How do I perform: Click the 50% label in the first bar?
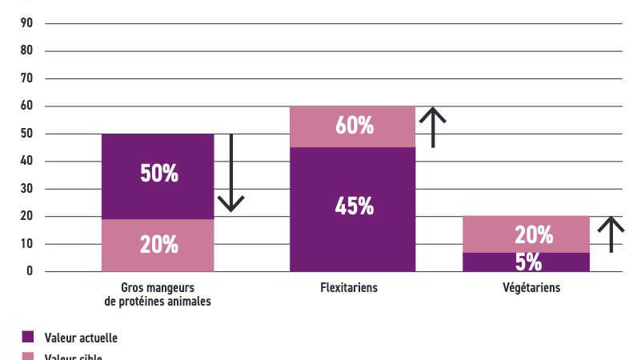(158, 174)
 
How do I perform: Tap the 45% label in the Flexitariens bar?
(355, 206)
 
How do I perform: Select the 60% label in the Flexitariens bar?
(355, 126)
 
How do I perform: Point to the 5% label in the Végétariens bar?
(527, 262)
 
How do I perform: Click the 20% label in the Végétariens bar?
(534, 234)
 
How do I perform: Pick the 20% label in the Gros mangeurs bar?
(158, 245)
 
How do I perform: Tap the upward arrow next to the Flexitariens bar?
(433, 126)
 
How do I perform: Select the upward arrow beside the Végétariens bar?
(611, 234)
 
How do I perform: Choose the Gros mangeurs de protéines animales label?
(158, 294)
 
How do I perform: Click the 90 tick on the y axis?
(26, 23)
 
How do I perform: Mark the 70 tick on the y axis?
(26, 78)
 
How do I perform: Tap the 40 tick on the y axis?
(26, 162)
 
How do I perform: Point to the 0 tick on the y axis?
(30, 272)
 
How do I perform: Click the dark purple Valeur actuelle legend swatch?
(28, 338)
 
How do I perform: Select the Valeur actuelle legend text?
(81, 338)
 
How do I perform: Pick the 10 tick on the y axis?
(26, 244)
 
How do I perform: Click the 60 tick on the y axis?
(26, 106)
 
